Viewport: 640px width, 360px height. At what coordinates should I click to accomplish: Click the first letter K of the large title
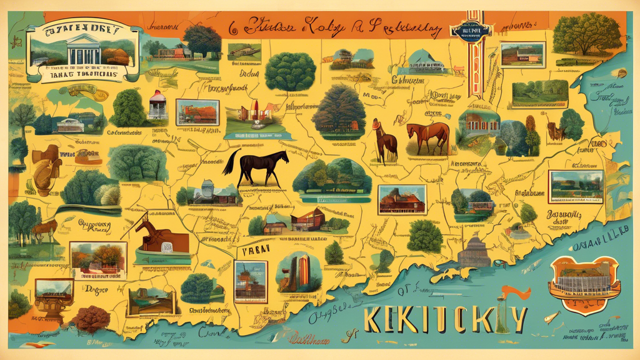click(x=373, y=320)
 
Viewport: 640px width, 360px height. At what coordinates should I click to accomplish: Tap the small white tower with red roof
click(x=158, y=106)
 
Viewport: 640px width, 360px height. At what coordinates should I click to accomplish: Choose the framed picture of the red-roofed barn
click(x=402, y=199)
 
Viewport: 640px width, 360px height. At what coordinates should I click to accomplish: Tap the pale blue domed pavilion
click(x=427, y=61)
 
